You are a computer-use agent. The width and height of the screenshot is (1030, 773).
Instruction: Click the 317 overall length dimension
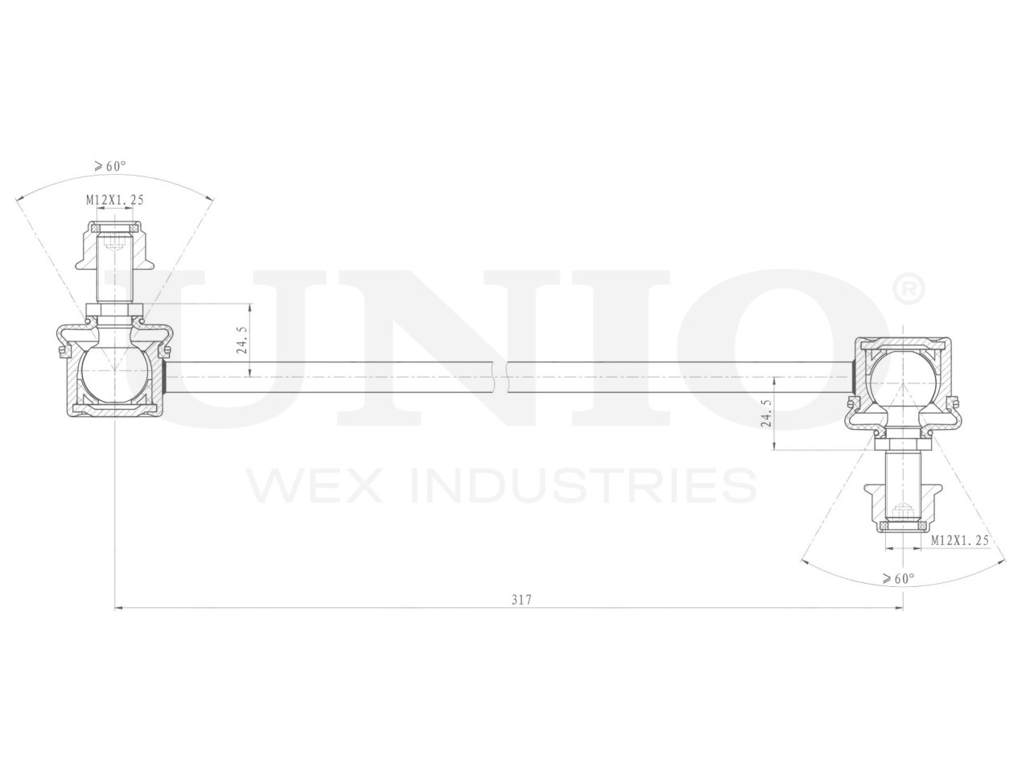click(x=522, y=600)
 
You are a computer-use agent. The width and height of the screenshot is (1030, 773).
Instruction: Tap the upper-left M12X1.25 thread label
click(x=114, y=200)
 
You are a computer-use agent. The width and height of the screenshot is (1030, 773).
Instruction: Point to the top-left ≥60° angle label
click(x=110, y=167)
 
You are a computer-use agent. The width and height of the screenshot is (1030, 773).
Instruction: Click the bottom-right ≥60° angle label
click(x=898, y=578)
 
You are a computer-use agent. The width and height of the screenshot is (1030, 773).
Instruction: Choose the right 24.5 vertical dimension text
click(x=765, y=412)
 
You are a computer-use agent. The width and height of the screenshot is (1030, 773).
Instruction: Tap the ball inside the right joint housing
click(x=902, y=377)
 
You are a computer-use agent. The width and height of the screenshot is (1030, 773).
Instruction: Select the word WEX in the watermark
click(x=311, y=485)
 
